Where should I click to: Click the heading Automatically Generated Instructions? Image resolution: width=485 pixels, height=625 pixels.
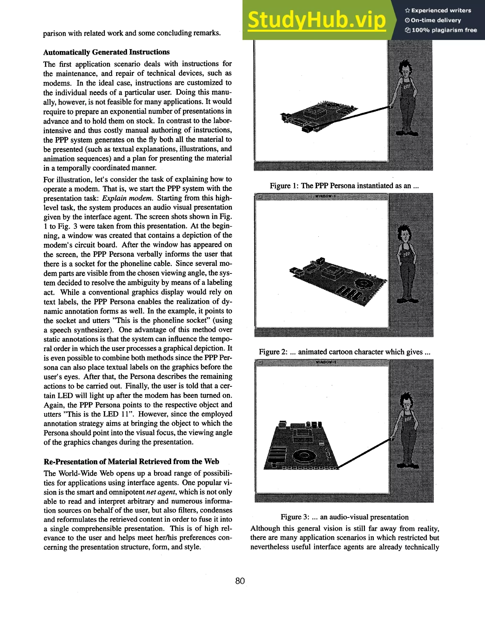pyautogui.click(x=106, y=52)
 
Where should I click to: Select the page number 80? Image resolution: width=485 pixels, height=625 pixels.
pyautogui.click(x=240, y=581)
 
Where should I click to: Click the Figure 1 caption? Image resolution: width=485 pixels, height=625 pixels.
pyautogui.click(x=344, y=186)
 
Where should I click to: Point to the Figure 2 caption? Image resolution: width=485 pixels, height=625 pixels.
pyautogui.click(x=344, y=352)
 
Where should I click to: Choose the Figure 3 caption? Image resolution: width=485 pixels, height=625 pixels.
pyautogui.click(x=344, y=517)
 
